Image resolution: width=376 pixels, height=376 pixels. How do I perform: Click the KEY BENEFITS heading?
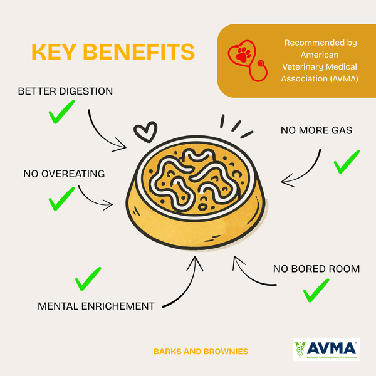[113, 52]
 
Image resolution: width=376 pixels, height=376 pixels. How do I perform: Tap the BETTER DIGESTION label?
[66, 91]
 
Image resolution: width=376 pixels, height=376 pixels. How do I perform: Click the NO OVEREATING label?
[64, 174]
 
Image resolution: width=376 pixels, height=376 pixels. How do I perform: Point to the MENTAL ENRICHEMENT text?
[96, 306]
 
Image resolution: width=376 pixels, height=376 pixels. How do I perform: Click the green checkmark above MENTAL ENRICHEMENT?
[88, 279]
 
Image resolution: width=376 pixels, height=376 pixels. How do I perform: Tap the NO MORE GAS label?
[317, 131]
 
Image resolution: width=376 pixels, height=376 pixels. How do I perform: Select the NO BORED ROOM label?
[316, 269]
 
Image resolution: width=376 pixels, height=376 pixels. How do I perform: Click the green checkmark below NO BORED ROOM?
[316, 291]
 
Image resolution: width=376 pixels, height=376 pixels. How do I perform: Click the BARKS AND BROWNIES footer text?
[201, 352]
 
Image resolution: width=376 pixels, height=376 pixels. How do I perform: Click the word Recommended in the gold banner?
[320, 43]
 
